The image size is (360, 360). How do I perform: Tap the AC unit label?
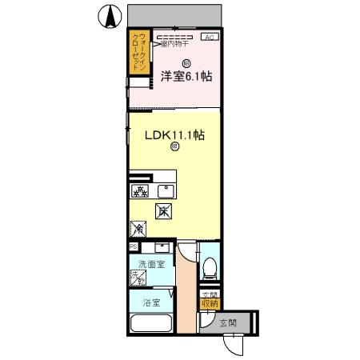pos(208,38)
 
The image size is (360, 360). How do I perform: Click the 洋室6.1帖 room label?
pos(186,77)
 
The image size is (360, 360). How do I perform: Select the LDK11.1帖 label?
pos(174,135)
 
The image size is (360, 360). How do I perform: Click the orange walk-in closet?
pos(140,53)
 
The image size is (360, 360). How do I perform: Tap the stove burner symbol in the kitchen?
pos(140,190)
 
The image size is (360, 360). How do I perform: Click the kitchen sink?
pos(167,190)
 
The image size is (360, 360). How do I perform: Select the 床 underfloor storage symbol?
pos(162,211)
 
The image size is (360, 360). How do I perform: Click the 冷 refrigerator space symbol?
pos(138,230)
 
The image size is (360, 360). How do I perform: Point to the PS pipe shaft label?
pos(132,246)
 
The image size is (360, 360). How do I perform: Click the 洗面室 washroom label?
pos(150,263)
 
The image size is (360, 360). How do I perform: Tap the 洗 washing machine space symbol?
pos(138,278)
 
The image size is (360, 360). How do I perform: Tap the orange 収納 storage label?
pos(209,302)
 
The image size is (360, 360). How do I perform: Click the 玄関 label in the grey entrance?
pos(227,323)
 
